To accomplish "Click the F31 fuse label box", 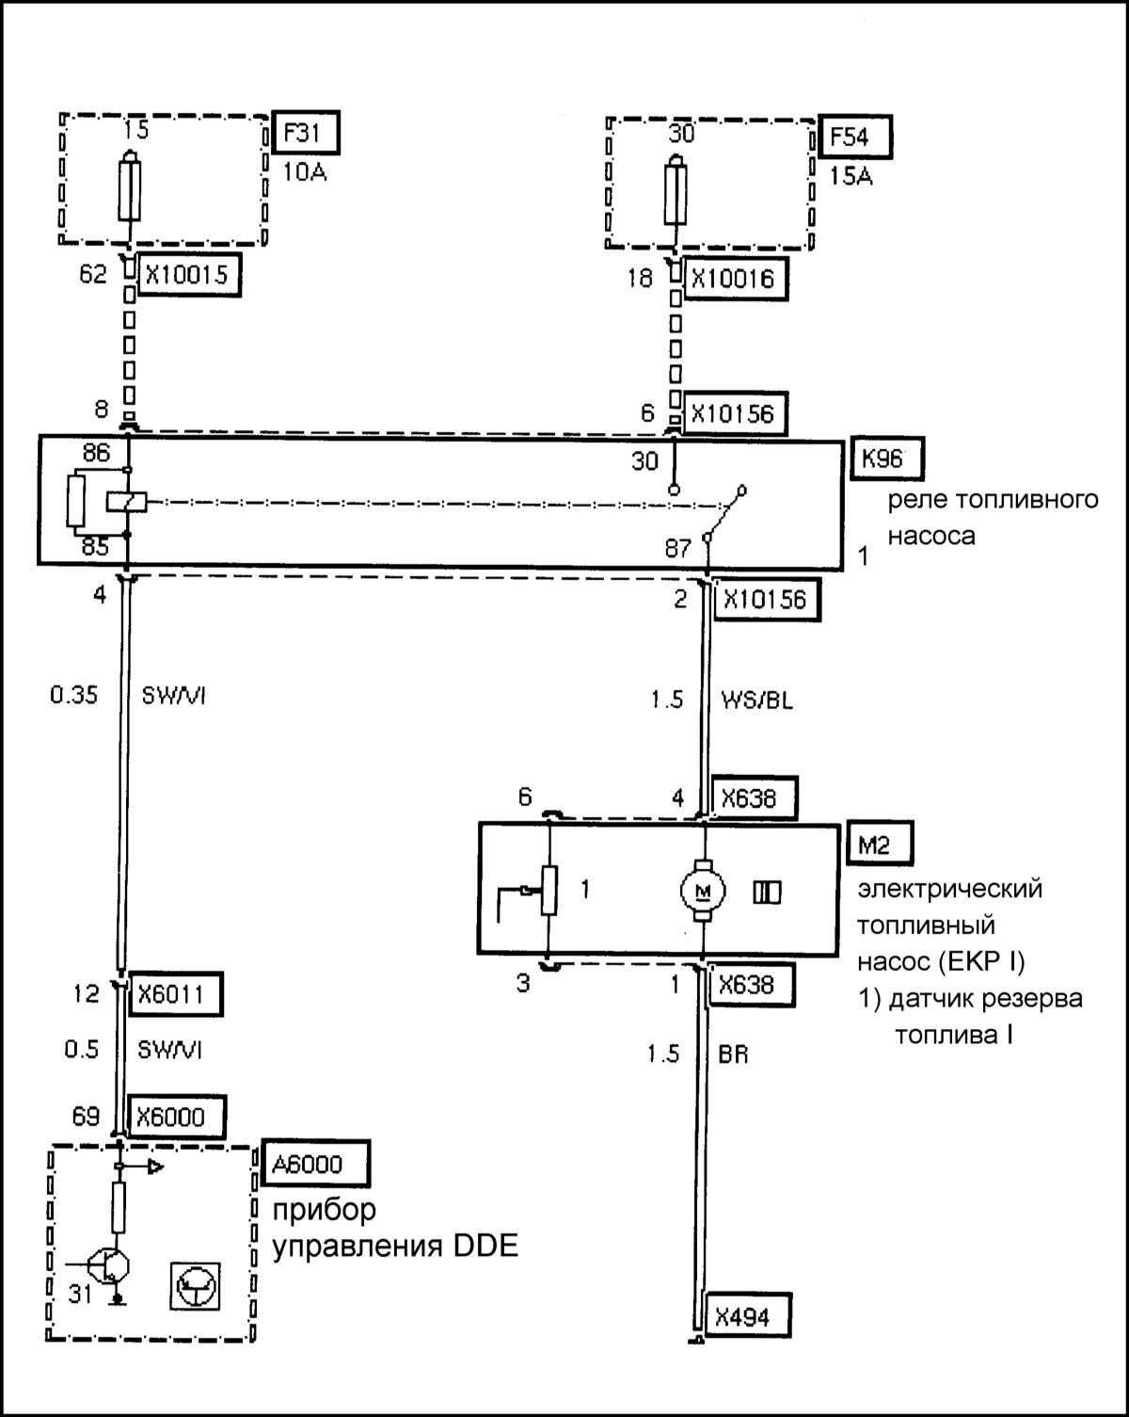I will tap(304, 133).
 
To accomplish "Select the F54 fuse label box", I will tap(854, 137).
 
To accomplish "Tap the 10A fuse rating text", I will tap(305, 172).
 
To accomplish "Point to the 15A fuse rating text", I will tap(851, 175).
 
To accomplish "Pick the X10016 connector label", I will tap(734, 279).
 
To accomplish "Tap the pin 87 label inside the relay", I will tap(678, 548).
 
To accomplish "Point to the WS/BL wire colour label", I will tap(756, 700).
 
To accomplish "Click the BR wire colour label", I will tap(733, 1055).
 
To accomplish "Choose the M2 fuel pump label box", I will tap(874, 845).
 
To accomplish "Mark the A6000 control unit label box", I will tap(308, 1165).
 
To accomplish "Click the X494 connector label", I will tap(741, 1316).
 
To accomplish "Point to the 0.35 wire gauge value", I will tap(74, 698).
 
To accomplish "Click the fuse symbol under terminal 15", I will tap(130, 190).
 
